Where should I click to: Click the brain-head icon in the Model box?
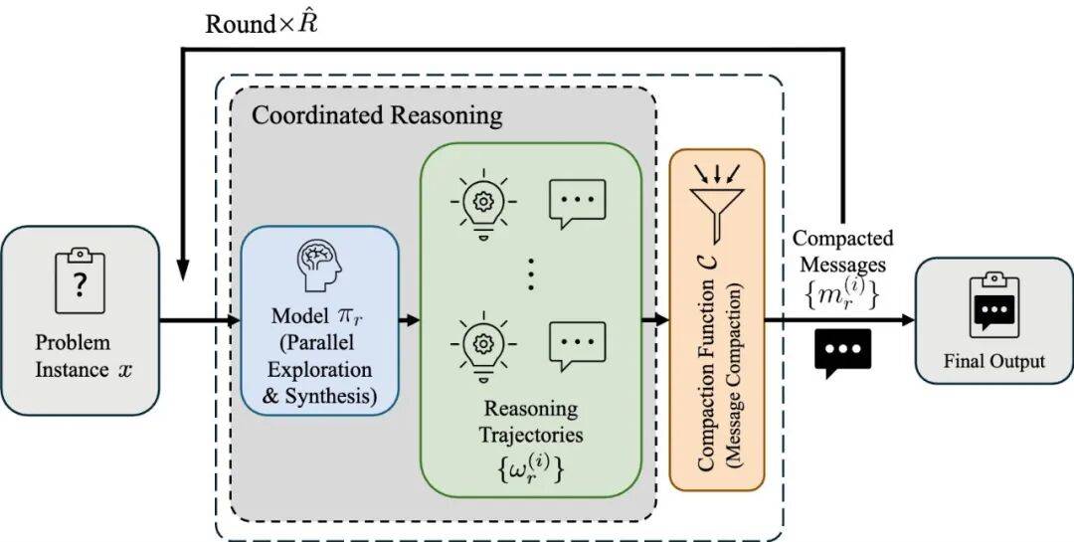pos(320,264)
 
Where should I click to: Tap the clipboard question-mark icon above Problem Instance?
pos(81,280)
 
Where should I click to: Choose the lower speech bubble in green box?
pos(578,343)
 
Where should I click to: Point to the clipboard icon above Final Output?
pos(993,303)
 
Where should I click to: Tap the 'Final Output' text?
pos(993,360)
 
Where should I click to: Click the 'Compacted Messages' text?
pos(842,250)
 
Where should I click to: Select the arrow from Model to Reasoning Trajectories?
pos(409,320)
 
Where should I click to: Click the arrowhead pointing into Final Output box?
pos(908,320)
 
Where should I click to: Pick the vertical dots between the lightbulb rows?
pos(531,272)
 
